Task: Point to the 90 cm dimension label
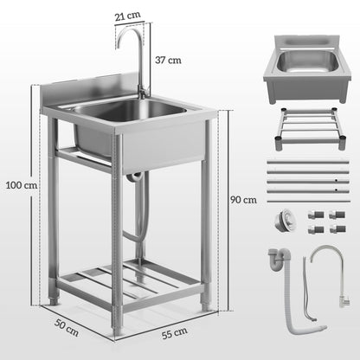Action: [x=244, y=199]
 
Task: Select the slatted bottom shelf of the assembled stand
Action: [x=129, y=281]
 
